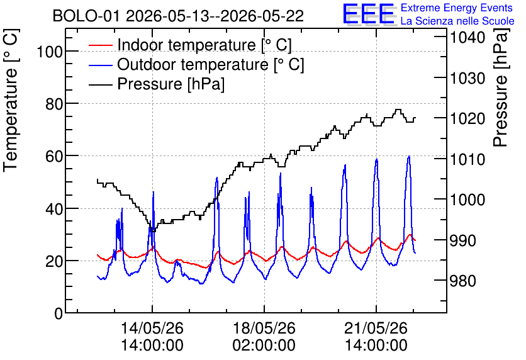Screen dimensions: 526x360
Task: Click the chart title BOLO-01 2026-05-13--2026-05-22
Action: (x=178, y=16)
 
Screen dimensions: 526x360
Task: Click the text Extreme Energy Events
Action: (x=457, y=8)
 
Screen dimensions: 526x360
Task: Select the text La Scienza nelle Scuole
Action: (x=457, y=21)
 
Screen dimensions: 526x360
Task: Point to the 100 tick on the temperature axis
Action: (x=50, y=52)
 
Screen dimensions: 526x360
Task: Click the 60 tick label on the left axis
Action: (x=54, y=156)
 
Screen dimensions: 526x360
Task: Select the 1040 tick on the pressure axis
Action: (x=467, y=37)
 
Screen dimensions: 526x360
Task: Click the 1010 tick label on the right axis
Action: (x=467, y=159)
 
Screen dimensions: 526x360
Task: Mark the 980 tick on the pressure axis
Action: (x=463, y=281)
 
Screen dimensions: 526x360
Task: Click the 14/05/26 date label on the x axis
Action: (x=152, y=328)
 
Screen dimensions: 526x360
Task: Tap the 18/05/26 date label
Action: (x=264, y=328)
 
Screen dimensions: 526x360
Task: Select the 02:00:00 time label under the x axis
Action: (x=264, y=346)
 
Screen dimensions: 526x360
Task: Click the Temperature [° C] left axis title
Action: (x=11, y=101)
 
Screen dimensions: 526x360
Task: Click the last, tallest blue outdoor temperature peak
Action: (x=408, y=156)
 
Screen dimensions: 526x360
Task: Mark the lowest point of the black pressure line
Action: (x=154, y=231)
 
